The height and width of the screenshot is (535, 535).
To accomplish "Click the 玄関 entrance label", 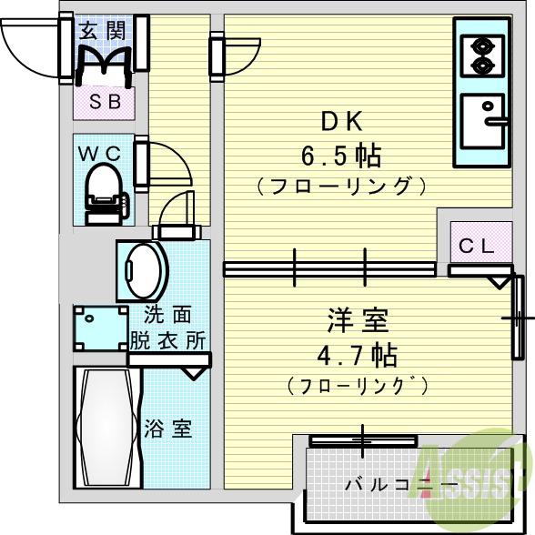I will pyautogui.click(x=104, y=29).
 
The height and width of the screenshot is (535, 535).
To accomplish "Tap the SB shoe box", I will pyautogui.click(x=104, y=101).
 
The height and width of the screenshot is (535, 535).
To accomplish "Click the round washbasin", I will pyautogui.click(x=142, y=267).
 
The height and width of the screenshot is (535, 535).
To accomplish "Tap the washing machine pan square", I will pyautogui.click(x=102, y=327).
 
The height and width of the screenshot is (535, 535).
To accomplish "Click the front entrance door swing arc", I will pyautogui.click(x=29, y=41).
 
